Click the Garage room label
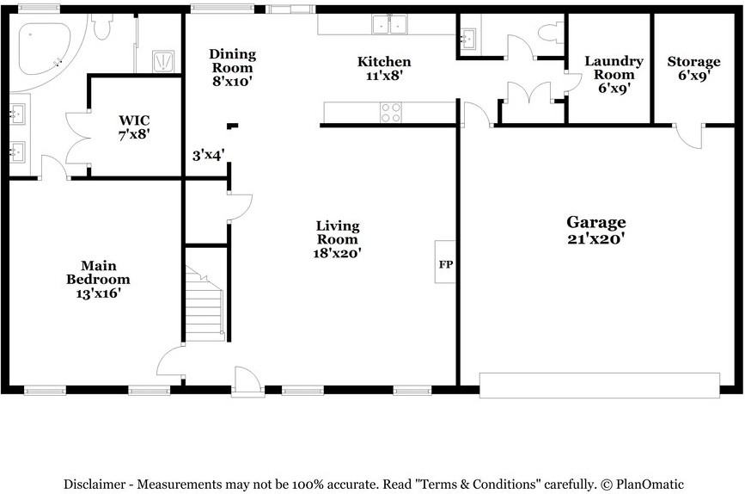[595, 222]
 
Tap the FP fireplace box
[445, 262]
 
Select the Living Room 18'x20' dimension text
[338, 253]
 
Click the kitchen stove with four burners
[391, 113]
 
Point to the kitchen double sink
[389, 24]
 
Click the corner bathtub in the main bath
[42, 47]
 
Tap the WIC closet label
[134, 120]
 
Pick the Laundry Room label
[614, 68]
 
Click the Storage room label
[693, 61]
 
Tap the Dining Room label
[232, 60]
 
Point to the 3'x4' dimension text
[208, 155]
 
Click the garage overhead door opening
[600, 385]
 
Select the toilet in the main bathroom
[102, 26]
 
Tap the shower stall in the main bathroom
[163, 61]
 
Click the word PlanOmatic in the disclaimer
[650, 485]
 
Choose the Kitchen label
[384, 61]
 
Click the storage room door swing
[689, 137]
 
